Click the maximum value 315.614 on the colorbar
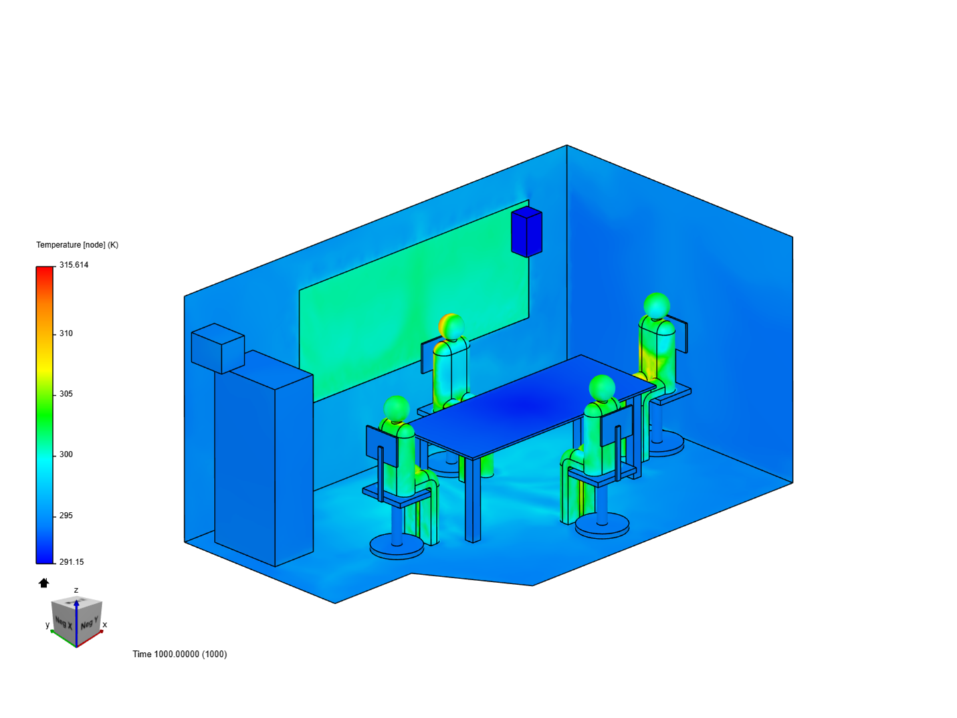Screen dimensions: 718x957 click(x=73, y=265)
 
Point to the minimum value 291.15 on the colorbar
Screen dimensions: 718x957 click(x=71, y=562)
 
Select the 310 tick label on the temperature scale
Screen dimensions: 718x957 click(x=66, y=333)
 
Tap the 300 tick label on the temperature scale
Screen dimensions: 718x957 click(x=66, y=454)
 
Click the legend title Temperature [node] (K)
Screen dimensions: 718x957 click(x=77, y=245)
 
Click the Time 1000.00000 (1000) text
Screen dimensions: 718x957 click(x=179, y=654)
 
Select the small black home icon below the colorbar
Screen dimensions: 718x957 click(x=44, y=583)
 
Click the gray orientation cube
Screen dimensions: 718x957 click(x=76, y=618)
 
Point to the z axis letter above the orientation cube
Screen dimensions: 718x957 click(x=76, y=590)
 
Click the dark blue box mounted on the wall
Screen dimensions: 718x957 click(x=526, y=231)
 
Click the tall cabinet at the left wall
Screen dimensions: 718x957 click(x=263, y=459)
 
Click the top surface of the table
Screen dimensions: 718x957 click(x=532, y=406)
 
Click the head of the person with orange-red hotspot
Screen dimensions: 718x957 click(x=451, y=326)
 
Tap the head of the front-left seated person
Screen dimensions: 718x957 click(x=397, y=408)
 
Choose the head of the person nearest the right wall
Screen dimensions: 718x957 click(x=657, y=305)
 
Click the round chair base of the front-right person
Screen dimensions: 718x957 click(x=602, y=525)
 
